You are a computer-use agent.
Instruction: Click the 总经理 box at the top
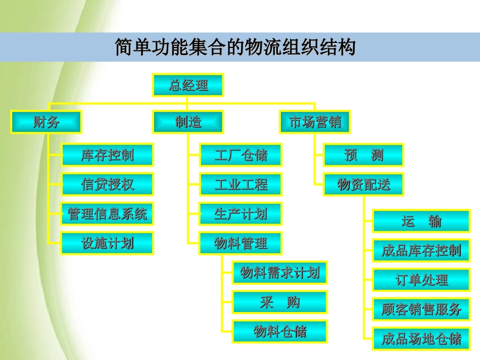coord(188,85)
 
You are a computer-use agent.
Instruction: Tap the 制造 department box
coord(188,122)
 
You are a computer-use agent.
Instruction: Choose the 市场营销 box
coord(315,122)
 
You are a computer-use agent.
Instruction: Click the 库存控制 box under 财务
coord(107,155)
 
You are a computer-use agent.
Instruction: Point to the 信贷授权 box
coord(107,184)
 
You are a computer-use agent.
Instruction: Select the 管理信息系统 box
coord(107,214)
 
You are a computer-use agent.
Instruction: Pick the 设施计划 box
coord(107,243)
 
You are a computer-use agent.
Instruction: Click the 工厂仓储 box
coord(241,155)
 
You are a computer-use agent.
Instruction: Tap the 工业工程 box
coord(241,184)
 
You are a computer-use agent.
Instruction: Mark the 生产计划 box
coord(241,214)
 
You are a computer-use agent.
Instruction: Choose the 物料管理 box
coord(241,244)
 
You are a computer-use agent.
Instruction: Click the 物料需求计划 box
coord(279,273)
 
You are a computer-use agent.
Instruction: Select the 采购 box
coord(279,302)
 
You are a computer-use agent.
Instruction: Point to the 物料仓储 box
coord(279,332)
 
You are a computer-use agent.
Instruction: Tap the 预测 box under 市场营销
coord(363,155)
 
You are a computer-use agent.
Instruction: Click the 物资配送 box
coord(363,185)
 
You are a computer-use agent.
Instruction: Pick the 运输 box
coord(421,221)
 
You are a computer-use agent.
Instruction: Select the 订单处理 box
coord(421,280)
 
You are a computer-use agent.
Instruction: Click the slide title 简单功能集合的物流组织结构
coord(235,47)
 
